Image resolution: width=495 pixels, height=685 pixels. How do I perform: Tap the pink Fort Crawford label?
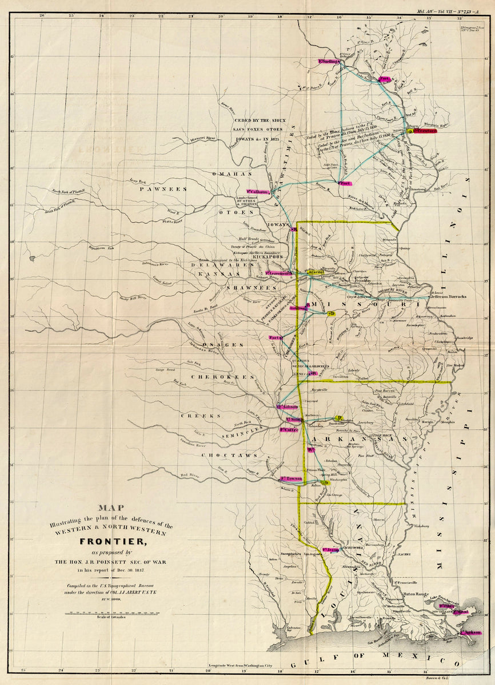point(425,131)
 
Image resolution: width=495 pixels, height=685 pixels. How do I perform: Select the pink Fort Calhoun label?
point(258,191)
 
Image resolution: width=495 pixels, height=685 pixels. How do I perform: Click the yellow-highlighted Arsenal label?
point(316,273)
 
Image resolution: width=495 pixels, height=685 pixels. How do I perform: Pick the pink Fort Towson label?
point(291,478)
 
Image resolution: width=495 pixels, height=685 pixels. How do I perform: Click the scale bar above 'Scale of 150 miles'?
point(111,613)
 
